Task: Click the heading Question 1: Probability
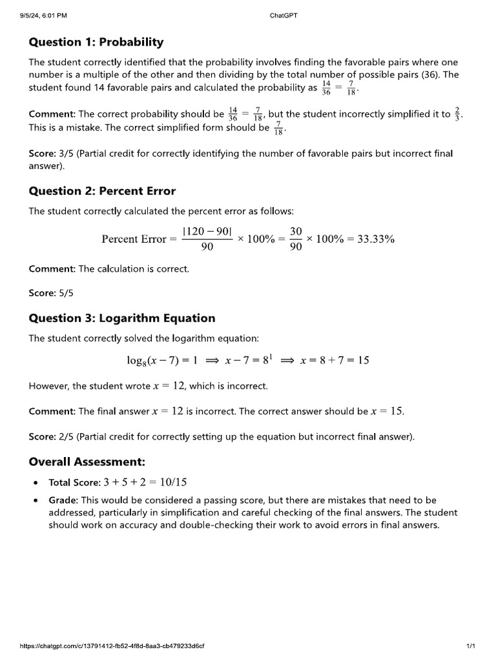pyautogui.click(x=96, y=43)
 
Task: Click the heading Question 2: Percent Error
pyautogui.click(x=102, y=191)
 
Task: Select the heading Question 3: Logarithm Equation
pyautogui.click(x=122, y=318)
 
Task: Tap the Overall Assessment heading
pyautogui.click(x=87, y=462)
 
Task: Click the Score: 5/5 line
pyautogui.click(x=51, y=293)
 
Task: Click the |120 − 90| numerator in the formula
pyautogui.click(x=207, y=230)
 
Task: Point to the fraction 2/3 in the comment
pyautogui.click(x=458, y=114)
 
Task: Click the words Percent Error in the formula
pyautogui.click(x=134, y=239)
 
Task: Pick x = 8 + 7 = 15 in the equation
pyautogui.click(x=335, y=360)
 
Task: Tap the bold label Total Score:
pyautogui.click(x=74, y=482)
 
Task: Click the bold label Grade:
pyautogui.click(x=63, y=500)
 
